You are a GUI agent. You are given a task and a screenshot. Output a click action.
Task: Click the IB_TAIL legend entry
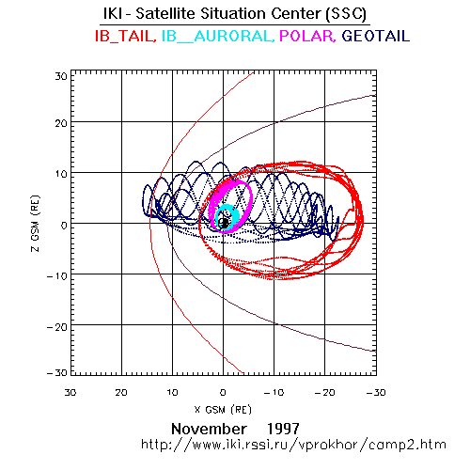point(125,36)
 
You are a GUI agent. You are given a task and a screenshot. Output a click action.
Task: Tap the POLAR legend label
point(307,36)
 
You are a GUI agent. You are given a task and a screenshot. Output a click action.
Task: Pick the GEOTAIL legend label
point(376,36)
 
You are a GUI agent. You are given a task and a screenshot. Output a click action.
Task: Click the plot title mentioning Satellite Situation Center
point(235,14)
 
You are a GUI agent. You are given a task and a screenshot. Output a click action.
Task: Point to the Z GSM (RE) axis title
point(36,224)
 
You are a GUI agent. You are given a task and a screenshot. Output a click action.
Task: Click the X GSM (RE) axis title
point(223,410)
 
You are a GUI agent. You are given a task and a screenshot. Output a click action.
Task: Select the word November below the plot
point(209,429)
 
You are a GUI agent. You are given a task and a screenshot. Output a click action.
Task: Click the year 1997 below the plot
point(283,429)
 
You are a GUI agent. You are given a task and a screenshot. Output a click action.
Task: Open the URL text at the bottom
point(293,445)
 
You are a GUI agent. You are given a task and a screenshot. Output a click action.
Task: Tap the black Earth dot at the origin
point(224,223)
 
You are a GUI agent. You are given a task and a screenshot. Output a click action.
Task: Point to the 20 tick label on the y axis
point(61,123)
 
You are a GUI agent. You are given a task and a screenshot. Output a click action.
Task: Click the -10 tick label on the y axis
point(57,276)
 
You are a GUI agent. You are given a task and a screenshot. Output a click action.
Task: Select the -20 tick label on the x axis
point(325,393)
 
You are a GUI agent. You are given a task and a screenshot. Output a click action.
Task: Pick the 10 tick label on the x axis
point(172,393)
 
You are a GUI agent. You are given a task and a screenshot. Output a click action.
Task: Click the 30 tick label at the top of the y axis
point(61,76)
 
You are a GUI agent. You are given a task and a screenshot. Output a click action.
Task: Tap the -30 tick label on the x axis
point(376,393)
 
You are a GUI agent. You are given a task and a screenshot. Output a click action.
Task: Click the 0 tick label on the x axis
point(223,393)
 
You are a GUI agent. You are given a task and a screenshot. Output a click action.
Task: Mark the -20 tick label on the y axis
point(57,327)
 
